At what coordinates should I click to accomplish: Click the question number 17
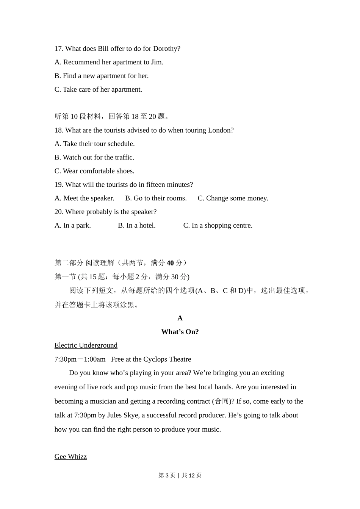pos(59,49)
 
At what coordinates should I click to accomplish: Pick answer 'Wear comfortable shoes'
pos(94,171)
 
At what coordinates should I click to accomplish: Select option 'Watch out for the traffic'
pos(94,158)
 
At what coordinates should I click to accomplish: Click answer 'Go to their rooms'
pos(156,198)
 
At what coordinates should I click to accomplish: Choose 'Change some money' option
pos(233,198)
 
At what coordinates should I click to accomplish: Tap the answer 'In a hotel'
pos(137,226)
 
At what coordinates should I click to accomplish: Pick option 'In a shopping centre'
pos(218,226)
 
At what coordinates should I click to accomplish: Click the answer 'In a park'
pos(73,226)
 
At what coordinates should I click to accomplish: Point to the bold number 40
pos(170,263)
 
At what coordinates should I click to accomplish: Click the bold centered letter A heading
pos(180,318)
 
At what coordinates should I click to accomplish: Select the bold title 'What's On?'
pos(180,332)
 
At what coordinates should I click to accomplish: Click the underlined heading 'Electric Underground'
pos(86,345)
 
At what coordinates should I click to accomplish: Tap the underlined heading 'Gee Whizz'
pos(71,457)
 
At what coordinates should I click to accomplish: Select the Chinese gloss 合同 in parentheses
pos(222,401)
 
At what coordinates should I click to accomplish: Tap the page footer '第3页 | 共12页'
pos(180,475)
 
